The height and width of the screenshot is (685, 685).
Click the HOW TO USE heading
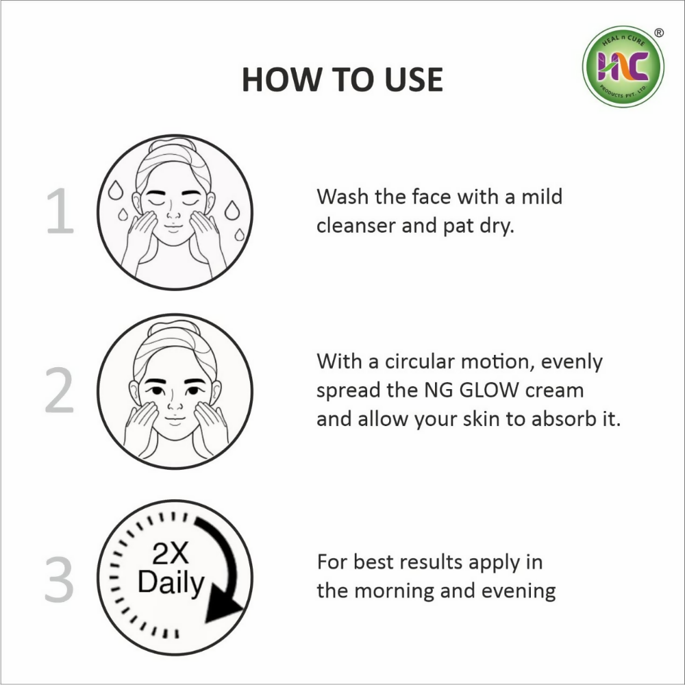(342, 79)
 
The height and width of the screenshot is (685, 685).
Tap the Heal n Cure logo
(623, 66)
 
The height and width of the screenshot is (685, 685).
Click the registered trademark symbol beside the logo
(659, 32)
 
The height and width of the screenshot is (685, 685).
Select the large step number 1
(60, 213)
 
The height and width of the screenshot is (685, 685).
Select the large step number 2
(60, 392)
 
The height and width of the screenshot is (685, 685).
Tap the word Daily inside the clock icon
(171, 583)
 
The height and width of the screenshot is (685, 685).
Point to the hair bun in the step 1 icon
(174, 145)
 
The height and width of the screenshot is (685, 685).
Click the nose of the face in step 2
(174, 414)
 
